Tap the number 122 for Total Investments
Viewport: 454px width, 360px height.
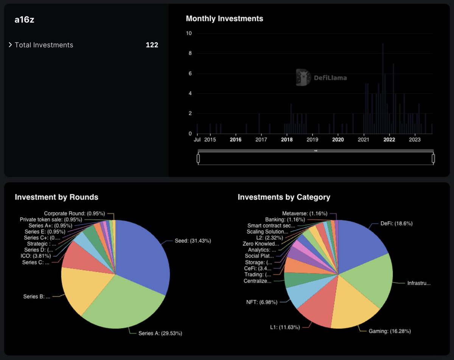[x=152, y=45]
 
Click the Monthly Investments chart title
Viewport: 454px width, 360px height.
[x=224, y=19]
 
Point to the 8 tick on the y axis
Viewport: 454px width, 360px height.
[x=190, y=53]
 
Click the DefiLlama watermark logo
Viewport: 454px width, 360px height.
[x=321, y=78]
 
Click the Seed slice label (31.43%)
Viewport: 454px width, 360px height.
[x=193, y=241]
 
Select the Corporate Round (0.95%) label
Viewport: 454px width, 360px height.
[x=74, y=213]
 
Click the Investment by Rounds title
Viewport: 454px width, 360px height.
[x=56, y=197]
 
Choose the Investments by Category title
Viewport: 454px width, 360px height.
[x=284, y=197]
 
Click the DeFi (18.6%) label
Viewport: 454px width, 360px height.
[x=396, y=223]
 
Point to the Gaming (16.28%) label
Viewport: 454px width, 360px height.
[x=390, y=331]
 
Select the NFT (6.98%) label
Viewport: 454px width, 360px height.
[x=261, y=302]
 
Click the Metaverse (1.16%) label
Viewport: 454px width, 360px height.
[x=305, y=214]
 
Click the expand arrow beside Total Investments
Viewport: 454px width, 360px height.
[x=11, y=45]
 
